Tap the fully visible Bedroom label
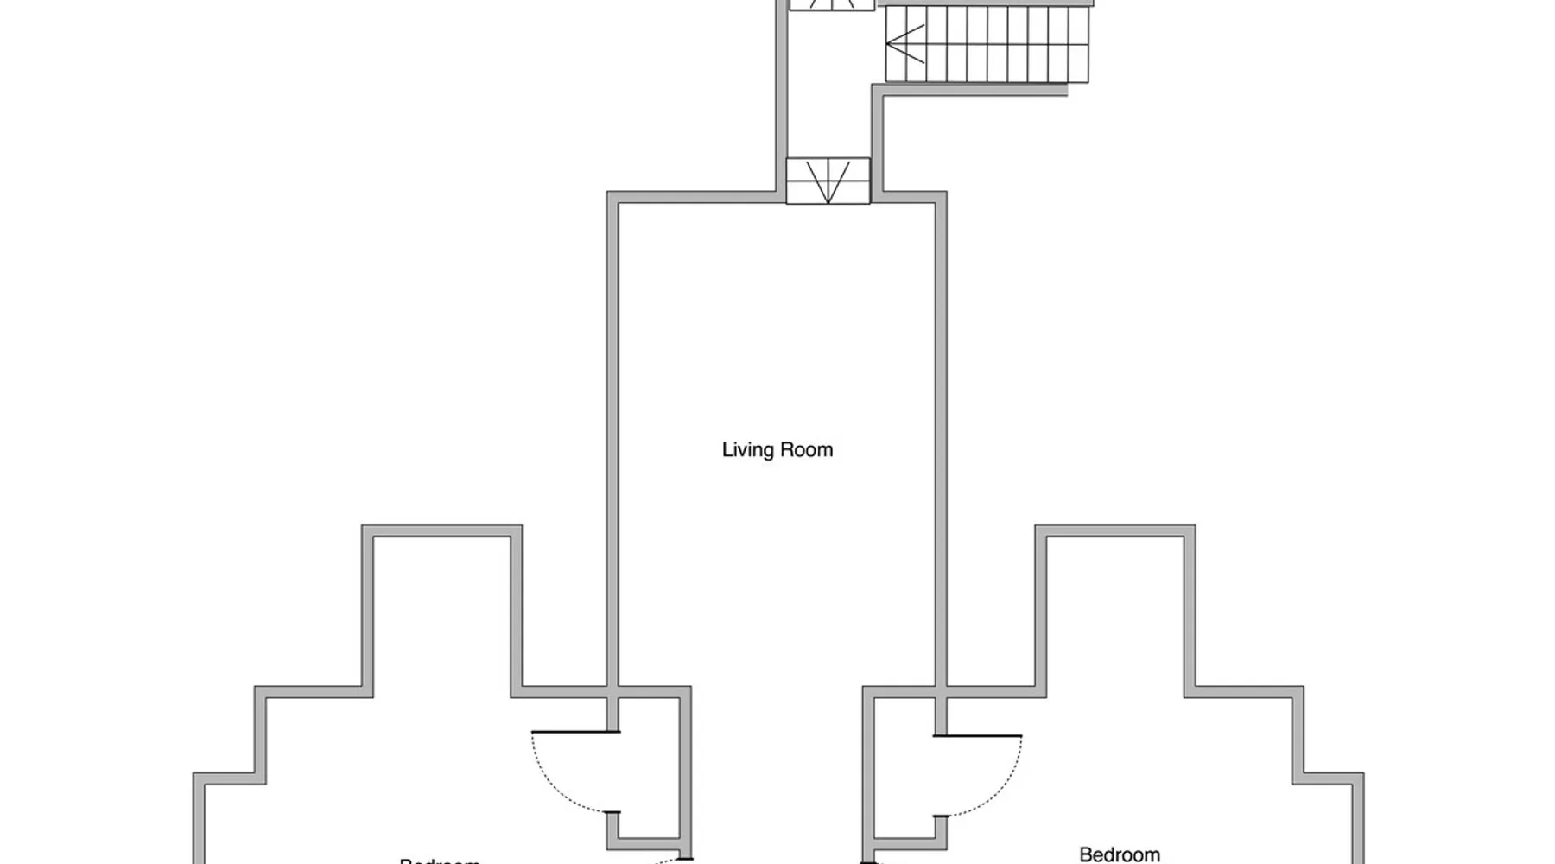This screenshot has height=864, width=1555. (1120, 854)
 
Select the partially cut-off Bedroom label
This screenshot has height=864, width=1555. (439, 861)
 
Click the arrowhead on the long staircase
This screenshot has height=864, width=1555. (904, 44)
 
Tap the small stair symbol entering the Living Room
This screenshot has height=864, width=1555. (828, 181)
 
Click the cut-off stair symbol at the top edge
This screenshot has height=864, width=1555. (832, 5)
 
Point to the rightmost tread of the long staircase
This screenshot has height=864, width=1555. (1078, 44)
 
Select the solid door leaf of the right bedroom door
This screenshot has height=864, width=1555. (978, 736)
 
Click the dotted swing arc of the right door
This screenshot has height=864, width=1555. (1002, 791)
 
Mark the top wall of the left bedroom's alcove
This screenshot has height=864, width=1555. (441, 530)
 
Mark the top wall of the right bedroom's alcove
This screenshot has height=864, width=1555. (1115, 530)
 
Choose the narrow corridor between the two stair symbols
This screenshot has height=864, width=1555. (828, 95)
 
